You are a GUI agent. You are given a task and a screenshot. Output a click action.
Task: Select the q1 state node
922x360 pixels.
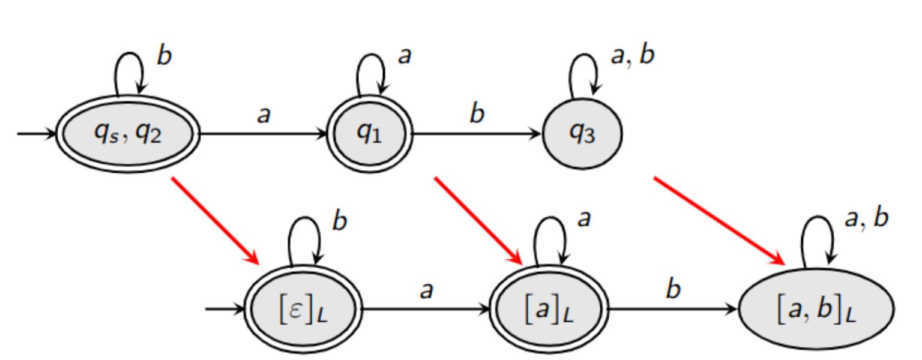[x=369, y=133]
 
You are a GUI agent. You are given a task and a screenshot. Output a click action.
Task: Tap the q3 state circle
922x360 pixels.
[x=582, y=133]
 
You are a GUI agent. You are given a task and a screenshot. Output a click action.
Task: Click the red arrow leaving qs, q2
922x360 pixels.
[x=216, y=220]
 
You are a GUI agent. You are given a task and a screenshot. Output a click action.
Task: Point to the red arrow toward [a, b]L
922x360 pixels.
[x=720, y=220]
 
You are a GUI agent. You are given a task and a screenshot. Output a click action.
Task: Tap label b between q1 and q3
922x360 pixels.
[x=476, y=114]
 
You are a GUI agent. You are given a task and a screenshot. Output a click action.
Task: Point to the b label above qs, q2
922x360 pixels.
[x=164, y=56]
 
